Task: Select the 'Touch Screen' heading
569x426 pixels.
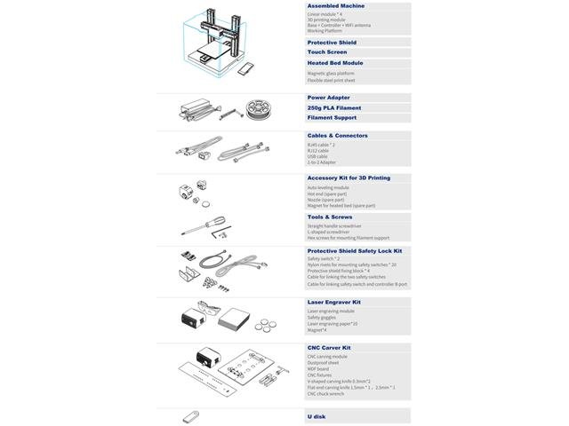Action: (326, 52)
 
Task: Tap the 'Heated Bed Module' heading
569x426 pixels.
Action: (334, 63)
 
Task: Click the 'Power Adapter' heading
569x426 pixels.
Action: (328, 98)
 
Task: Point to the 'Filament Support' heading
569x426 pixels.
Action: (332, 117)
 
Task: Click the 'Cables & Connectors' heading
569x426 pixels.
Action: (337, 136)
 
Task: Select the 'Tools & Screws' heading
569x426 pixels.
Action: (329, 217)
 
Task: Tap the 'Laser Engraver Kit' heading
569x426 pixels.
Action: (333, 302)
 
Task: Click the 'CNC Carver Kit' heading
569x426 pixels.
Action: (329, 348)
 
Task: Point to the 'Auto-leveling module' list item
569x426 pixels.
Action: (327, 188)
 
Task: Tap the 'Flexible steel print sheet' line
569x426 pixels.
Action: (332, 79)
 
